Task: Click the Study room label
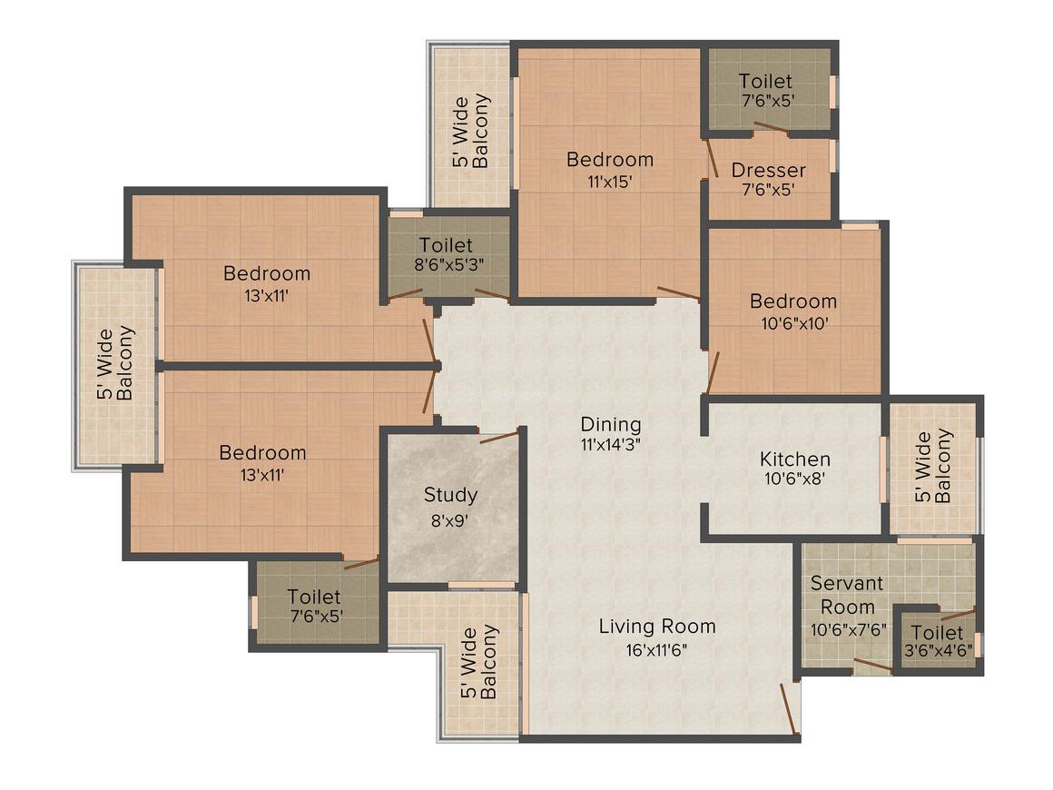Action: click(x=450, y=496)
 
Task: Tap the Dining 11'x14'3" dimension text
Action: click(x=611, y=445)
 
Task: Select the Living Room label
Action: click(x=657, y=627)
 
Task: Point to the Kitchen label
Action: click(x=794, y=459)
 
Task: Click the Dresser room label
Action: click(x=768, y=171)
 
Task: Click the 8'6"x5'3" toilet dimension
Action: click(x=445, y=266)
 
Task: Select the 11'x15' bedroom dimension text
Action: click(x=609, y=181)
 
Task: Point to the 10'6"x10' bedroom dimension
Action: click(x=792, y=321)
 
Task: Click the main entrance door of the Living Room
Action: click(x=790, y=709)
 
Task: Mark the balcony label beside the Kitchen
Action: click(x=934, y=467)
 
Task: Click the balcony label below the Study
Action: click(x=478, y=662)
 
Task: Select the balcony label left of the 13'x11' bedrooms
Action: click(x=116, y=363)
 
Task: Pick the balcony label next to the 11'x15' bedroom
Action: click(x=471, y=133)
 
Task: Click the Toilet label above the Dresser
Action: click(x=764, y=81)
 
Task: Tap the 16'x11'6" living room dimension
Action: click(x=657, y=649)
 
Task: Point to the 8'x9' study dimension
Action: click(x=450, y=521)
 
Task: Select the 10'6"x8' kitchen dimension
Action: click(x=794, y=481)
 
